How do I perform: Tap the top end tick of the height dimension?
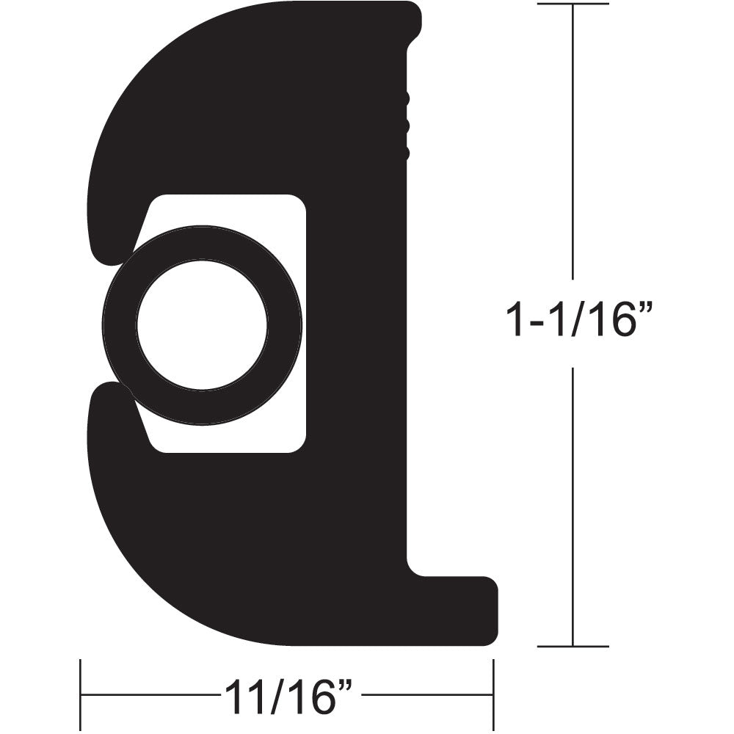tap(573, 4)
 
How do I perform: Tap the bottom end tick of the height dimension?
tap(573, 646)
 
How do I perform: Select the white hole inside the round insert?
tap(202, 325)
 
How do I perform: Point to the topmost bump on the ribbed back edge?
tap(406, 97)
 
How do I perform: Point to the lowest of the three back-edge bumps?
tap(406, 153)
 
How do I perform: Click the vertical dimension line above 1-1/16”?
tap(573, 147)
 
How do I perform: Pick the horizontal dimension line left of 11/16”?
tap(147, 694)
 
